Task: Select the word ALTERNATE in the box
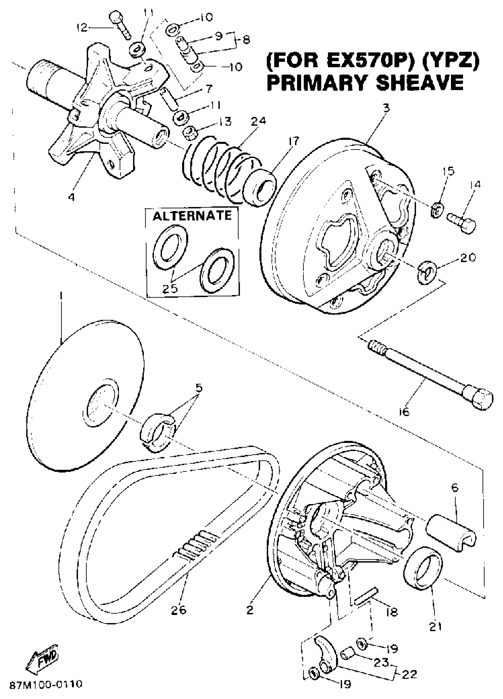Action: (x=192, y=215)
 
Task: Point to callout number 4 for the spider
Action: (x=72, y=197)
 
